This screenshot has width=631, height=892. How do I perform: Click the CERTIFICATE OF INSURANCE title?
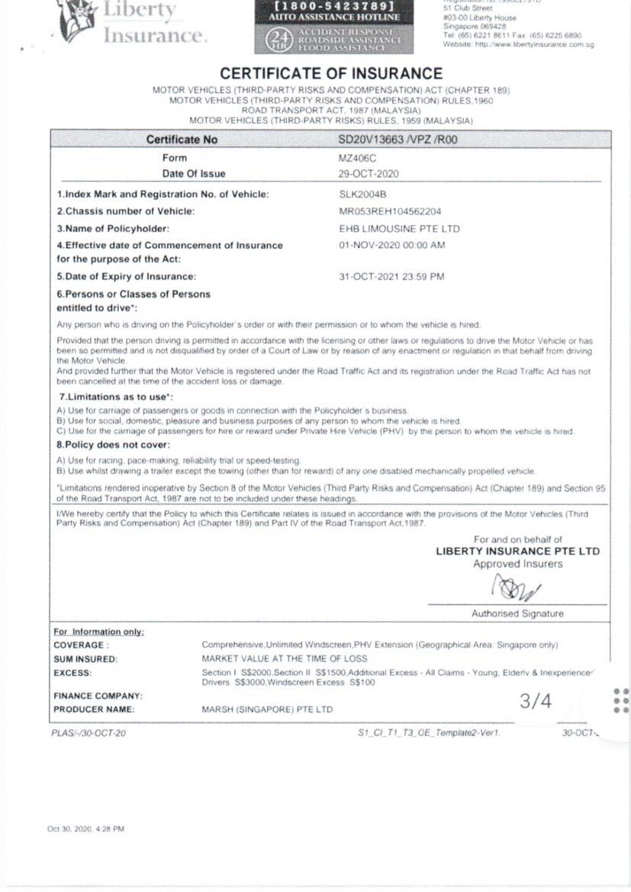pos(331,74)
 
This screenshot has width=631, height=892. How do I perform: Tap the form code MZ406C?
pos(358,158)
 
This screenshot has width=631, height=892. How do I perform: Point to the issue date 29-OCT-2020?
pos(369,174)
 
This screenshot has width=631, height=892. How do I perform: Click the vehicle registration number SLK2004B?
pos(363,194)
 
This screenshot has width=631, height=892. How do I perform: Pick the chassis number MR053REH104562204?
pos(390,211)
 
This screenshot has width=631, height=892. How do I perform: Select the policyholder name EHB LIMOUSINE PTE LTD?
pos(399,229)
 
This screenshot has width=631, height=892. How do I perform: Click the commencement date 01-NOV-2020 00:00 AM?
pos(392,246)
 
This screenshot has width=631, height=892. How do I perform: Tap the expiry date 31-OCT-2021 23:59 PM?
pos(391,276)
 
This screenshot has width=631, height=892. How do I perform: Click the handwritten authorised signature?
pos(517,588)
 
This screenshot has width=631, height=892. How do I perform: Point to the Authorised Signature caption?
pos(517,613)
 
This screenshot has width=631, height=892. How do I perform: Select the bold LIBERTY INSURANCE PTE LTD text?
pos(517,551)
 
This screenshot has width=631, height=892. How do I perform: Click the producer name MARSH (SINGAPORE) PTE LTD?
pos(267,710)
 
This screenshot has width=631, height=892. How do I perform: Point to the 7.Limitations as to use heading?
pos(116,398)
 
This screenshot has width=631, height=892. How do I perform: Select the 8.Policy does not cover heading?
pos(114,445)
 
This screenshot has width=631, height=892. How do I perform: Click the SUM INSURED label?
pos(85,659)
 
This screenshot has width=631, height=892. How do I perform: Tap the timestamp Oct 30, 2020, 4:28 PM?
pos(85,829)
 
